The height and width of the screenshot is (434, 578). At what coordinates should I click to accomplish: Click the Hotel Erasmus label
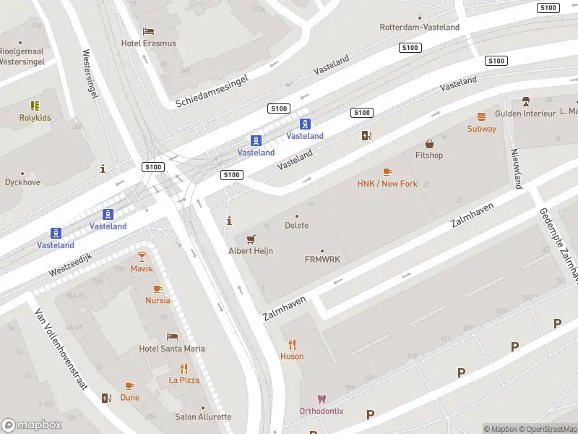(148, 43)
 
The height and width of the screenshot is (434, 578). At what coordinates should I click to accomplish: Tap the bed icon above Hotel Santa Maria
(172, 336)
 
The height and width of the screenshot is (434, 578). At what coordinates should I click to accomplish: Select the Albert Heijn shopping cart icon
(251, 239)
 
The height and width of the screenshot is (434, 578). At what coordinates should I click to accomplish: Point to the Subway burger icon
(481, 116)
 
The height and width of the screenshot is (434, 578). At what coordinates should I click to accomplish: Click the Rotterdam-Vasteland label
(419, 27)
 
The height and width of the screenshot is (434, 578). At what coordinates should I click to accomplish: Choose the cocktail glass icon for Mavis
(142, 257)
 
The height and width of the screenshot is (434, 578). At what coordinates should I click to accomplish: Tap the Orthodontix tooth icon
(322, 399)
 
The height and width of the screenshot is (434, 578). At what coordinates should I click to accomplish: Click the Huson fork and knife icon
(292, 344)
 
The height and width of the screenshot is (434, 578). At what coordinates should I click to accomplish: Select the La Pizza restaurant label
(184, 380)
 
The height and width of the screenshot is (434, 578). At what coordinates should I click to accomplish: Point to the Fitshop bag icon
(429, 144)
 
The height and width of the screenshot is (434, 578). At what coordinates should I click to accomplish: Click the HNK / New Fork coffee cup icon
(387, 171)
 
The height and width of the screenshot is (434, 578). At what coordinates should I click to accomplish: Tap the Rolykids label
(35, 117)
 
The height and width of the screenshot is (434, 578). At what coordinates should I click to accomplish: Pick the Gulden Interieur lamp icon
(526, 101)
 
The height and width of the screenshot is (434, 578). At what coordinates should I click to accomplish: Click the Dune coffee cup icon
(129, 386)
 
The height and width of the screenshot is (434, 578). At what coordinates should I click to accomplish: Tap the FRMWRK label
(322, 259)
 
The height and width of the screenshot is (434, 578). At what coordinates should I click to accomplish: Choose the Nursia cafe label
(158, 300)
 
